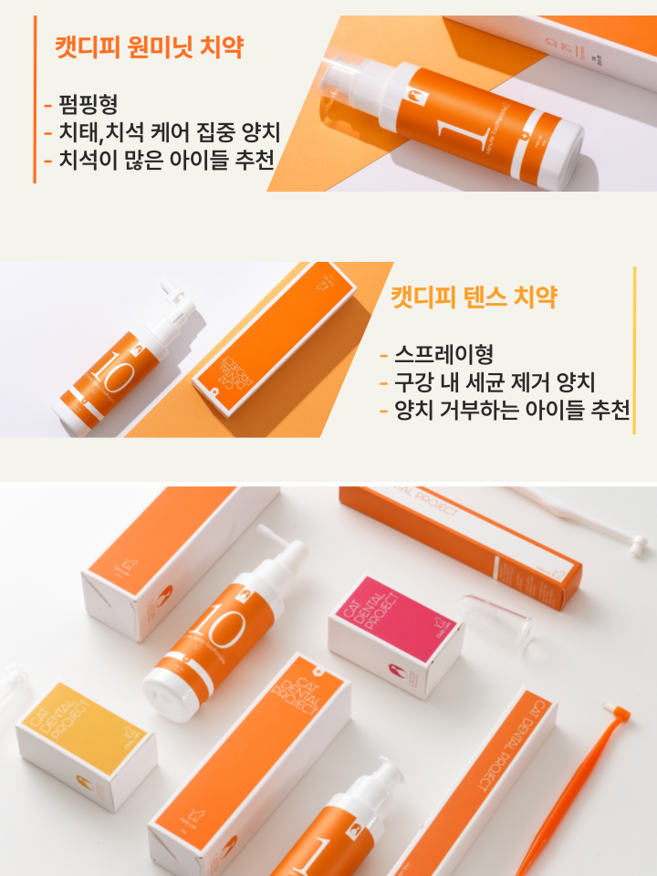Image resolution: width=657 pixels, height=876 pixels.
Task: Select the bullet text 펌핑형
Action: (86, 103)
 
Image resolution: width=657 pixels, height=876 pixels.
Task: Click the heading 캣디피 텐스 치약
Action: (474, 297)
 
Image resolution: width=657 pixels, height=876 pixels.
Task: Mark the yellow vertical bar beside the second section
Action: (634, 351)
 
